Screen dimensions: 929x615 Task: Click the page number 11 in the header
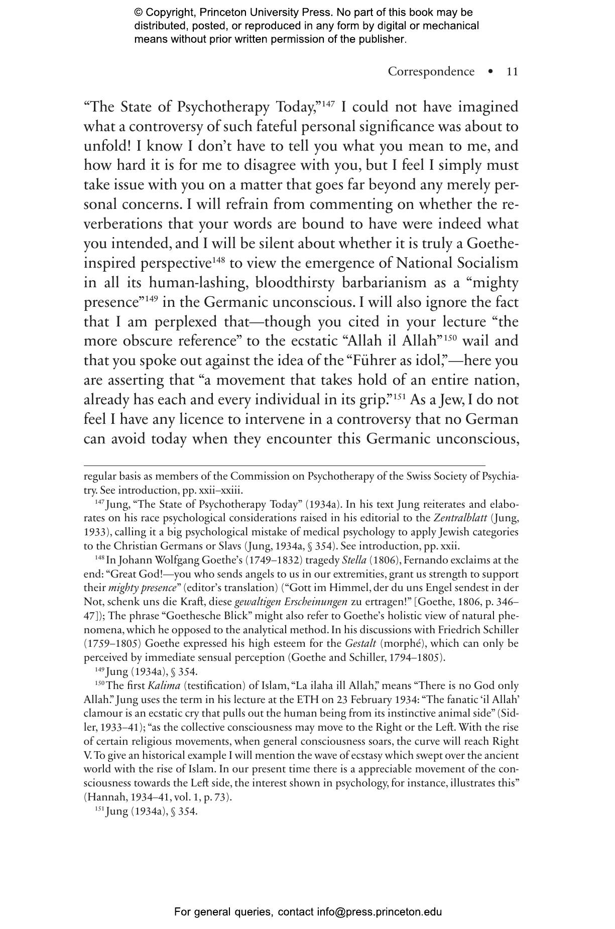coord(512,72)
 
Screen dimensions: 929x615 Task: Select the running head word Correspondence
coord(431,72)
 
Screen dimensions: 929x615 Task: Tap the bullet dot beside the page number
coord(490,72)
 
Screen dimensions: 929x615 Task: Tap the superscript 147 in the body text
coord(328,103)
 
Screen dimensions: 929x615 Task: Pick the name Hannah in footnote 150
coord(103,797)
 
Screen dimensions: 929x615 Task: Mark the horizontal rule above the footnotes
coord(284,466)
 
